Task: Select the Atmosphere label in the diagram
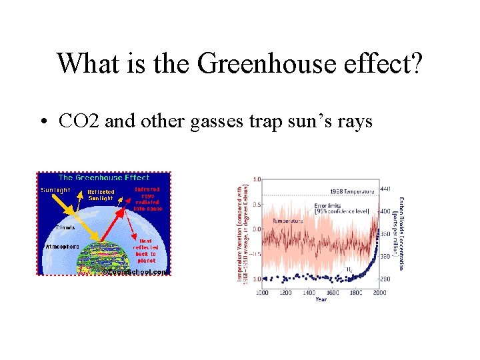click(61, 245)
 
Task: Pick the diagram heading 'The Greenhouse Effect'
click(103, 177)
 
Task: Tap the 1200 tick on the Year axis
click(285, 292)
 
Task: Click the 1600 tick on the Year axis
click(333, 292)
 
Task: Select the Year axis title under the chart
click(321, 299)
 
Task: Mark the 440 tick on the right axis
click(385, 189)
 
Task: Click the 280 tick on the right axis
click(385, 277)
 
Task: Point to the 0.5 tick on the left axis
click(257, 204)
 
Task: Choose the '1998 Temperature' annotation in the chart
click(351, 191)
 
